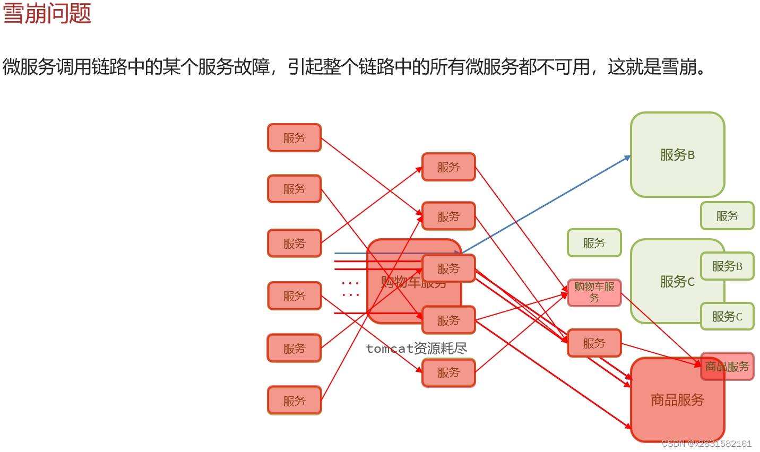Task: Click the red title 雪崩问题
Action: (47, 13)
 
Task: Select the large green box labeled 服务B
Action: (677, 154)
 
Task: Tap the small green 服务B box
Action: (727, 266)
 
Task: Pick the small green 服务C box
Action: (727, 316)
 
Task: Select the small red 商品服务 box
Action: (727, 366)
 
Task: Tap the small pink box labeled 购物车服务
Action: (594, 292)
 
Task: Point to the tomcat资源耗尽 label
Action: (417, 348)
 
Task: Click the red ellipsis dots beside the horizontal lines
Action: (350, 289)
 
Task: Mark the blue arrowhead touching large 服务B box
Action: (628, 158)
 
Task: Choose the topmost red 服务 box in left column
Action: (295, 138)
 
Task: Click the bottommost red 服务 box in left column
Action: (295, 401)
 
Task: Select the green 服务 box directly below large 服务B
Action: (727, 215)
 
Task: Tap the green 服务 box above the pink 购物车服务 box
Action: (594, 242)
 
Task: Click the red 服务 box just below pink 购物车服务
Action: (594, 343)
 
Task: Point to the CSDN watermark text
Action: (706, 444)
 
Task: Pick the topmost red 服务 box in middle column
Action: (448, 167)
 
